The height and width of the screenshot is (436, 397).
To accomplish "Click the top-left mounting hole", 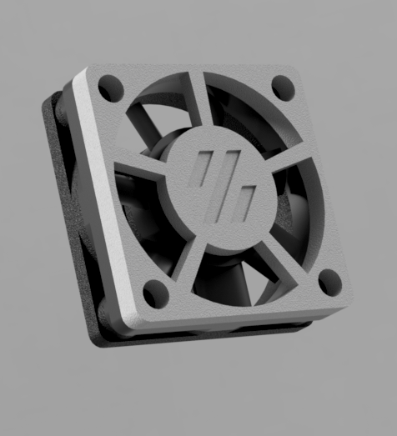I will pos(108,86).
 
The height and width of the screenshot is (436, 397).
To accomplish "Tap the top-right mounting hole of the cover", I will pos(283,85).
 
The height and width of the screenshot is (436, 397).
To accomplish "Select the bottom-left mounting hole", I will pos(155,293).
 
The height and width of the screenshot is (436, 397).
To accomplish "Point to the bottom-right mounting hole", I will pos(330,281).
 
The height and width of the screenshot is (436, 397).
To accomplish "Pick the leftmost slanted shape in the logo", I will pos(202,176).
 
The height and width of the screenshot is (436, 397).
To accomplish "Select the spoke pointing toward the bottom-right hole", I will pos(278,254).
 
